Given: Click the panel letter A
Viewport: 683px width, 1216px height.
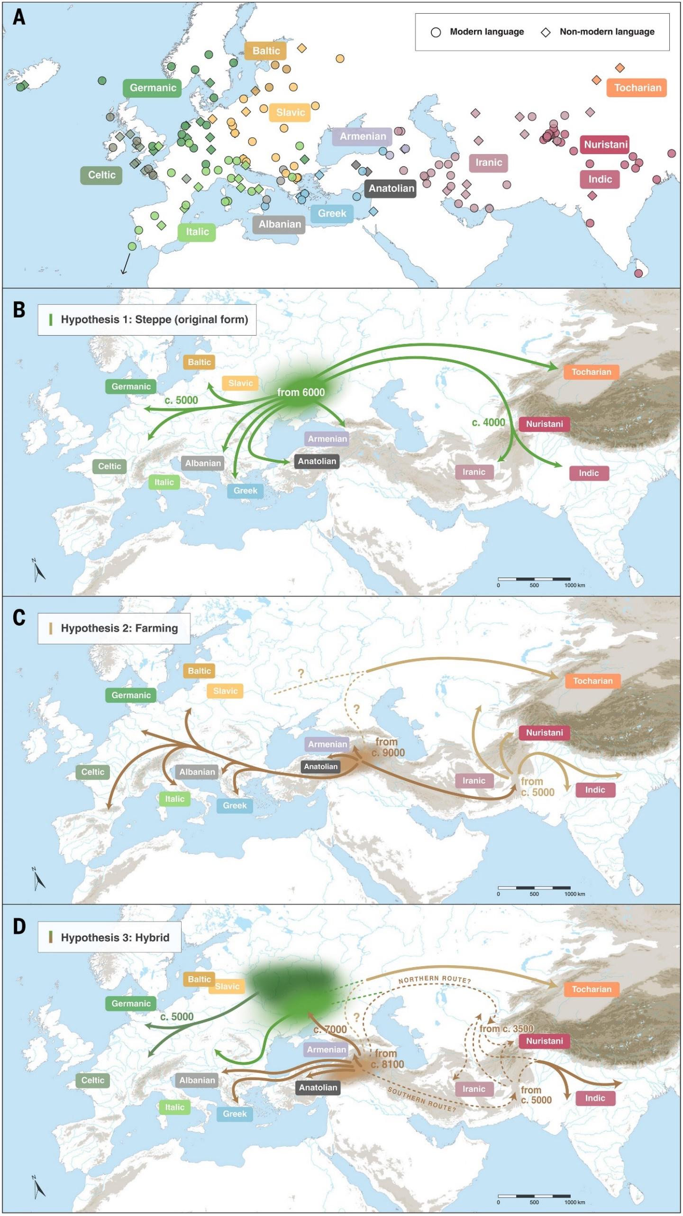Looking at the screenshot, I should pos(19,18).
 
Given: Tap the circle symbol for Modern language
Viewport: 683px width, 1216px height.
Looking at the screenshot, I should pos(436,32).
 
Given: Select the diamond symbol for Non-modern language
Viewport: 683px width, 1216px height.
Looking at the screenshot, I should pos(546,32).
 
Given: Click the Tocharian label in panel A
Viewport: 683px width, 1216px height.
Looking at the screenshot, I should pos(637,88).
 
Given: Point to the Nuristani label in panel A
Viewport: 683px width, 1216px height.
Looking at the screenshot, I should pos(605,145).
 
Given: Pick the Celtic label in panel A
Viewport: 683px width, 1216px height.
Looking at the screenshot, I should pos(101,175).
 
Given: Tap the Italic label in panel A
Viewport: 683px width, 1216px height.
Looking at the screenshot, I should pos(197,232).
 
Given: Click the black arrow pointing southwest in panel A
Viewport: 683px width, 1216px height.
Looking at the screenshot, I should pos(126,264).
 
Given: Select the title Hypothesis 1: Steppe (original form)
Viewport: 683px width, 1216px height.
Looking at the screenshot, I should pos(154,320).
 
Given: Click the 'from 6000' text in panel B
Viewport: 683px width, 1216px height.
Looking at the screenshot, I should pos(301,393).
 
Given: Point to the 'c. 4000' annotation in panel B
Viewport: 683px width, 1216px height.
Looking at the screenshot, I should pos(489,422).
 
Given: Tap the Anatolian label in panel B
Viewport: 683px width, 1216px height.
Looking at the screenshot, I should pos(317,461).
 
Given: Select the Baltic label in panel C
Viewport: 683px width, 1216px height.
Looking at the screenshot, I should pos(199,671).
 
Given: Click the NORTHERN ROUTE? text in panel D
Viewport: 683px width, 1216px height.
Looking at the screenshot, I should pos(434,979).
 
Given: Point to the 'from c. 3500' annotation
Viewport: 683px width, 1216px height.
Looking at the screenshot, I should pos(506,1028).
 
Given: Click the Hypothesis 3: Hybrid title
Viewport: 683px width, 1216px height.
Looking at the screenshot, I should pos(115,937).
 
